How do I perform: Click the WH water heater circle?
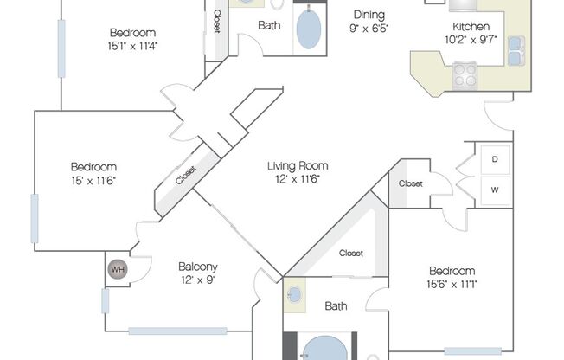[x=117, y=270]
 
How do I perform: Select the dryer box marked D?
[x=495, y=159]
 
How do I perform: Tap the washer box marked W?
[x=495, y=189]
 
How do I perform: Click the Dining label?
[x=368, y=15]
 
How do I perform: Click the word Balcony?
[x=197, y=267]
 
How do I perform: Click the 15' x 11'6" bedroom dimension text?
[x=93, y=180]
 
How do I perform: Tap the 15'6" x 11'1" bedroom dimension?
[x=451, y=285]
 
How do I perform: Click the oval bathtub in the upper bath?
[x=307, y=29]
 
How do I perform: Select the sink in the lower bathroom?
[x=294, y=294]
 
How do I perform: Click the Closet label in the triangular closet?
[x=350, y=254]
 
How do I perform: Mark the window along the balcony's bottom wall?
[x=177, y=330]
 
